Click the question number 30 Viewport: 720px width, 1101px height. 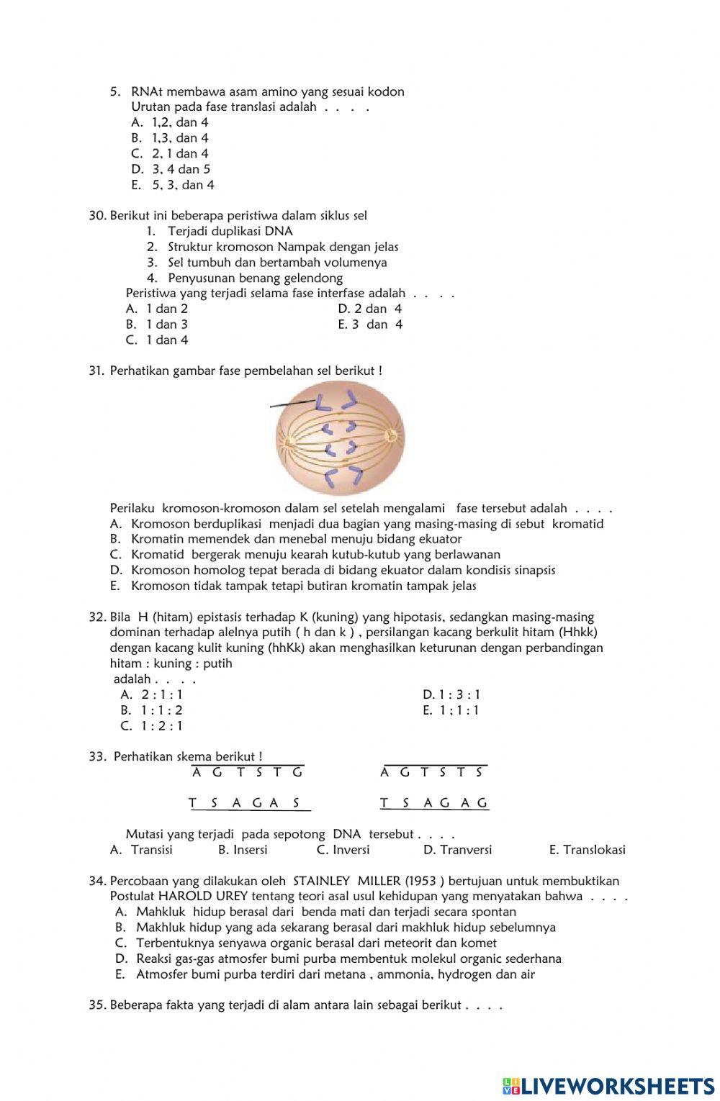pos(97,216)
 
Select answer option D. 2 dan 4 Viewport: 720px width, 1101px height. pos(369,309)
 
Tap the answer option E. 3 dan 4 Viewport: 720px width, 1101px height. pos(370,325)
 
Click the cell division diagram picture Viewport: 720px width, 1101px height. pos(340,438)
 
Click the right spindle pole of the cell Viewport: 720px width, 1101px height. pos(392,435)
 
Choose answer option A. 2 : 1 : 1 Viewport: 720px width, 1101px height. pos(152,695)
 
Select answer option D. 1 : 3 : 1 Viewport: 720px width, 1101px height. pos(451,695)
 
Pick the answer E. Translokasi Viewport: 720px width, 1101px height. pos(587,850)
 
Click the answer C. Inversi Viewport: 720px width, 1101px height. pos(343,850)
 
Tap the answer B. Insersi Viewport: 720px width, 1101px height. pos(243,850)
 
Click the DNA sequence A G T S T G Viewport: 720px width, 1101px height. pos(248,773)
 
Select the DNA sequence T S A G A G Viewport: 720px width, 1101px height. pos(434,803)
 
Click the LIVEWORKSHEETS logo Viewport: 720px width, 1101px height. pos(608,1086)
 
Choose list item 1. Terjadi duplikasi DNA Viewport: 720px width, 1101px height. pos(220,232)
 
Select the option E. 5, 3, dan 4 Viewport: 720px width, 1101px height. pos(173,186)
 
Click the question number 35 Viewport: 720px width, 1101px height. pos(97,1005)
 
